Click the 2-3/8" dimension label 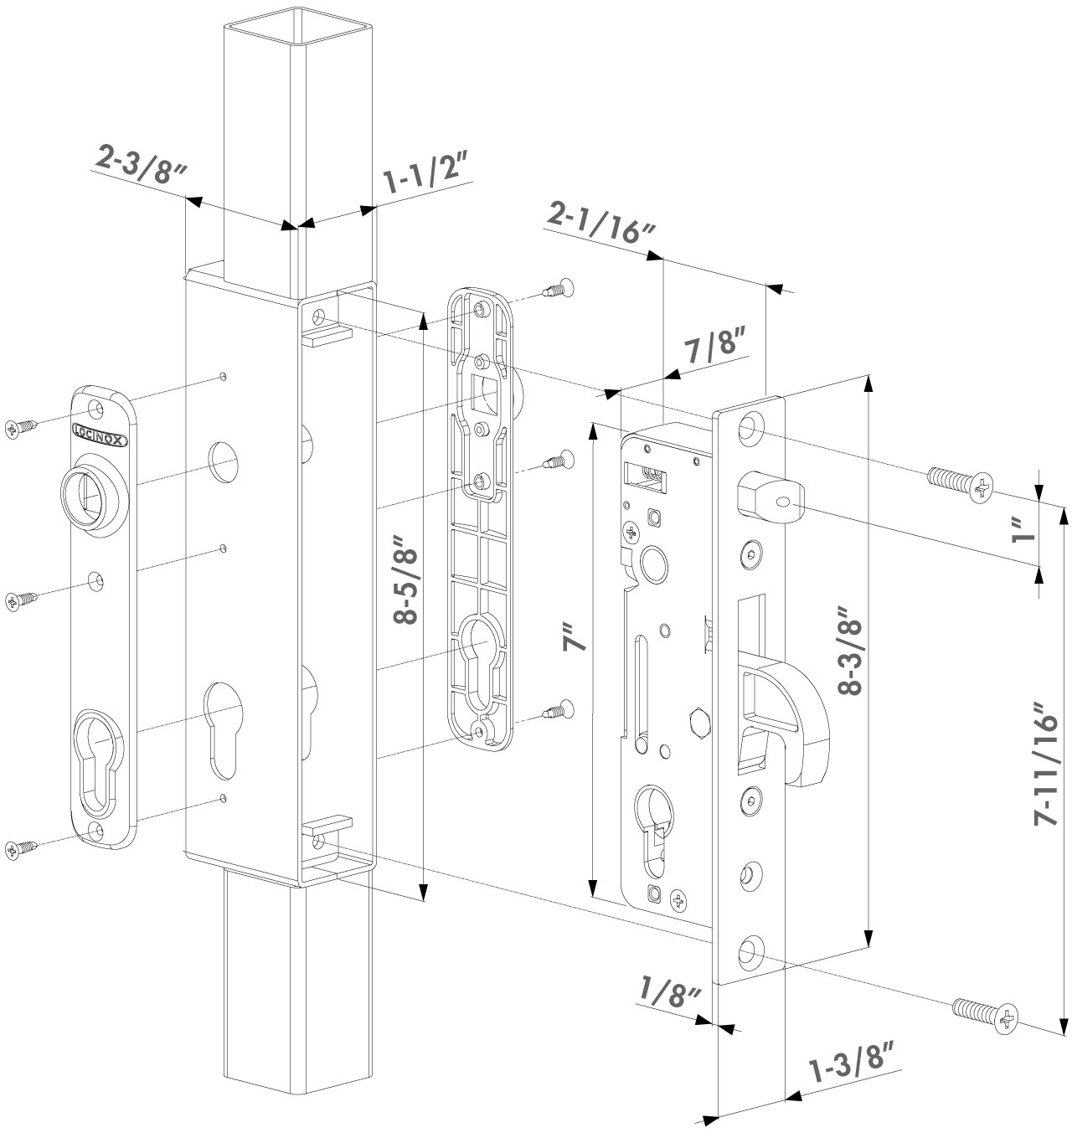click(x=139, y=167)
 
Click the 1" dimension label click(x=1019, y=528)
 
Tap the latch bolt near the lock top click(x=769, y=499)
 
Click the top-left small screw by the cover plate click(x=21, y=428)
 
